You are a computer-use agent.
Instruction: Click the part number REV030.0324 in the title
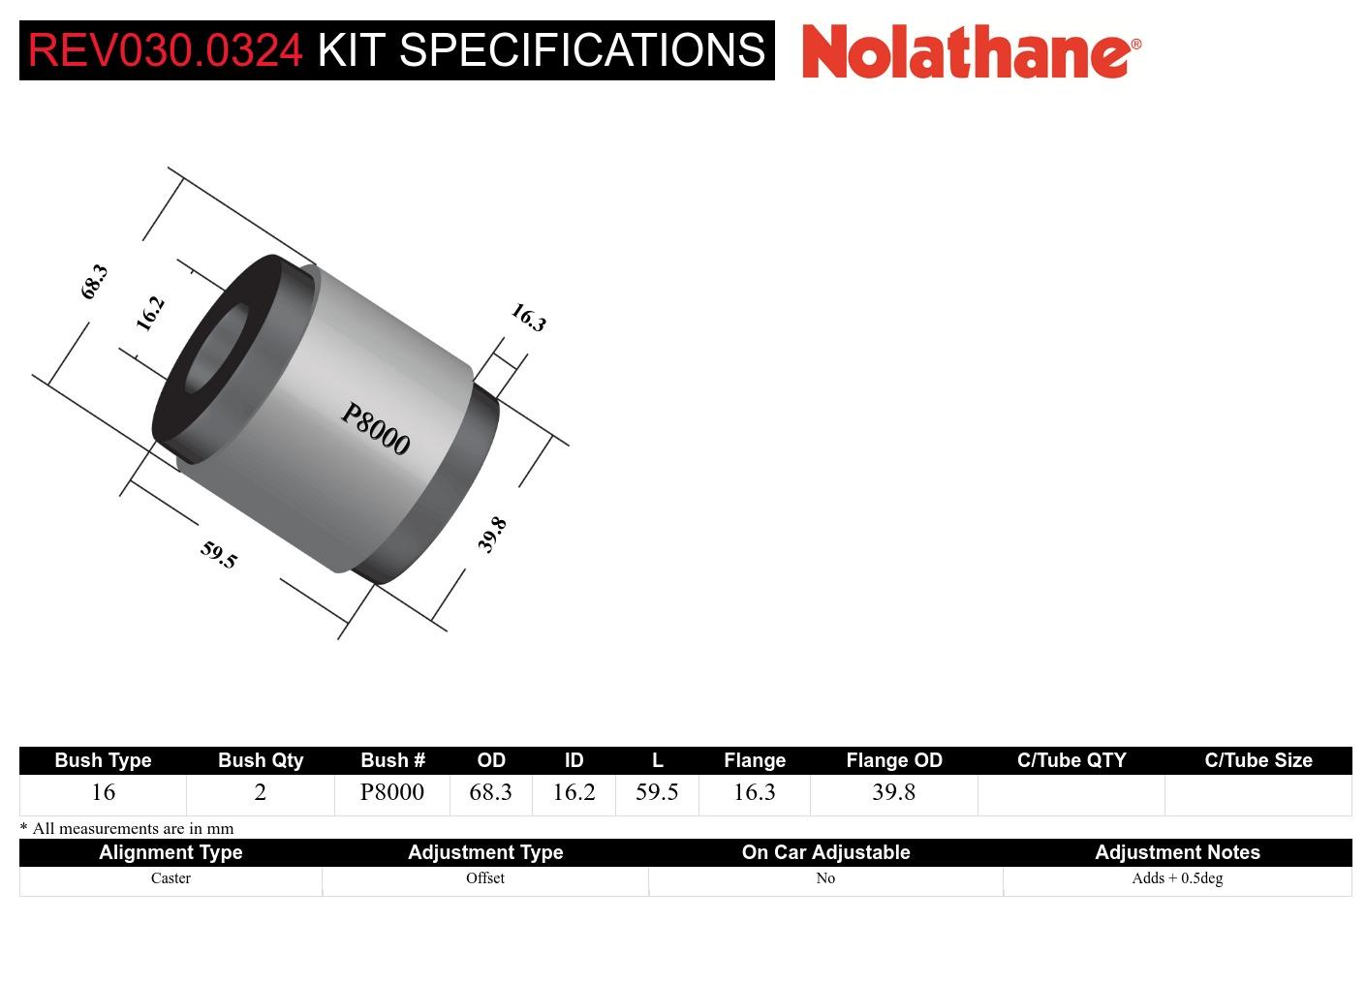(165, 50)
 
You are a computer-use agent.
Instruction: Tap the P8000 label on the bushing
(375, 428)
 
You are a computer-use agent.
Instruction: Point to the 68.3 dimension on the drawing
(94, 281)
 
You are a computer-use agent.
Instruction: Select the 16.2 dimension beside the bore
(150, 313)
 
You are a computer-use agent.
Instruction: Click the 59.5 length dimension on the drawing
(219, 554)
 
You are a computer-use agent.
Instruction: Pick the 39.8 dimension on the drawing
(492, 535)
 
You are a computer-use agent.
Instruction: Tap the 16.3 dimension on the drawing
(528, 317)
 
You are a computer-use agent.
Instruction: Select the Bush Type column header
(103, 760)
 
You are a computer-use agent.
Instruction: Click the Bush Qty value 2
(260, 792)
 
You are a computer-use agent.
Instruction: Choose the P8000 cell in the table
(392, 792)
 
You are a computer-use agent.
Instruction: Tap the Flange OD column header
(893, 760)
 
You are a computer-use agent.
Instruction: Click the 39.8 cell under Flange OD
(893, 792)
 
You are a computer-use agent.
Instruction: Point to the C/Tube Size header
(1257, 760)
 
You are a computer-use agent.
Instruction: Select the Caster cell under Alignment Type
(171, 878)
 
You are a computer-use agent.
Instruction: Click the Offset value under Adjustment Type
(484, 878)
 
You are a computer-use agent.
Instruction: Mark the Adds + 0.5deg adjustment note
(1177, 878)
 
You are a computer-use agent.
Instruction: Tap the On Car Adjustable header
(825, 852)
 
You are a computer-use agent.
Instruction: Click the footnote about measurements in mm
(127, 828)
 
